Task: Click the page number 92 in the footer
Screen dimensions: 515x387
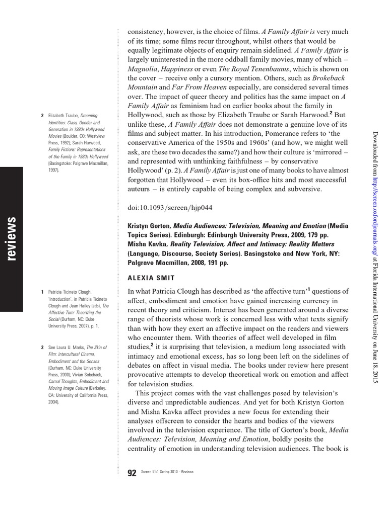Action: click(x=132, y=473)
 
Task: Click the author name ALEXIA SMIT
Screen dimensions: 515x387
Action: click(x=151, y=277)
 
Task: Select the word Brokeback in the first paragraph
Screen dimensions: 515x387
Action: click(x=330, y=78)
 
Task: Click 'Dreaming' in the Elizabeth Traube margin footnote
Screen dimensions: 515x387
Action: click(x=89, y=116)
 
